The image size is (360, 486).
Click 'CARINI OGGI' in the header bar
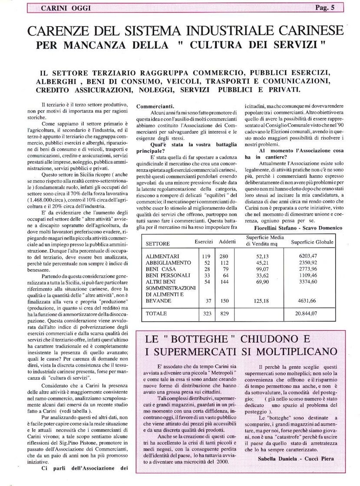tap(66, 8)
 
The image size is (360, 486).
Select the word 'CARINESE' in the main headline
tap(301, 31)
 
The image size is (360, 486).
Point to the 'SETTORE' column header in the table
tap(158, 243)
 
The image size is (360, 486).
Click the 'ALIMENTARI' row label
tap(163, 256)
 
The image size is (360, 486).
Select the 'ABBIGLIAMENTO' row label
tap(168, 263)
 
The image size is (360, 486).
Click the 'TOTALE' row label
tap(156, 312)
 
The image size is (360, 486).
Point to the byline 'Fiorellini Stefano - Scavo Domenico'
tap(294, 227)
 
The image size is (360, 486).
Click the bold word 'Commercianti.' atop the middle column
tap(155, 106)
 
